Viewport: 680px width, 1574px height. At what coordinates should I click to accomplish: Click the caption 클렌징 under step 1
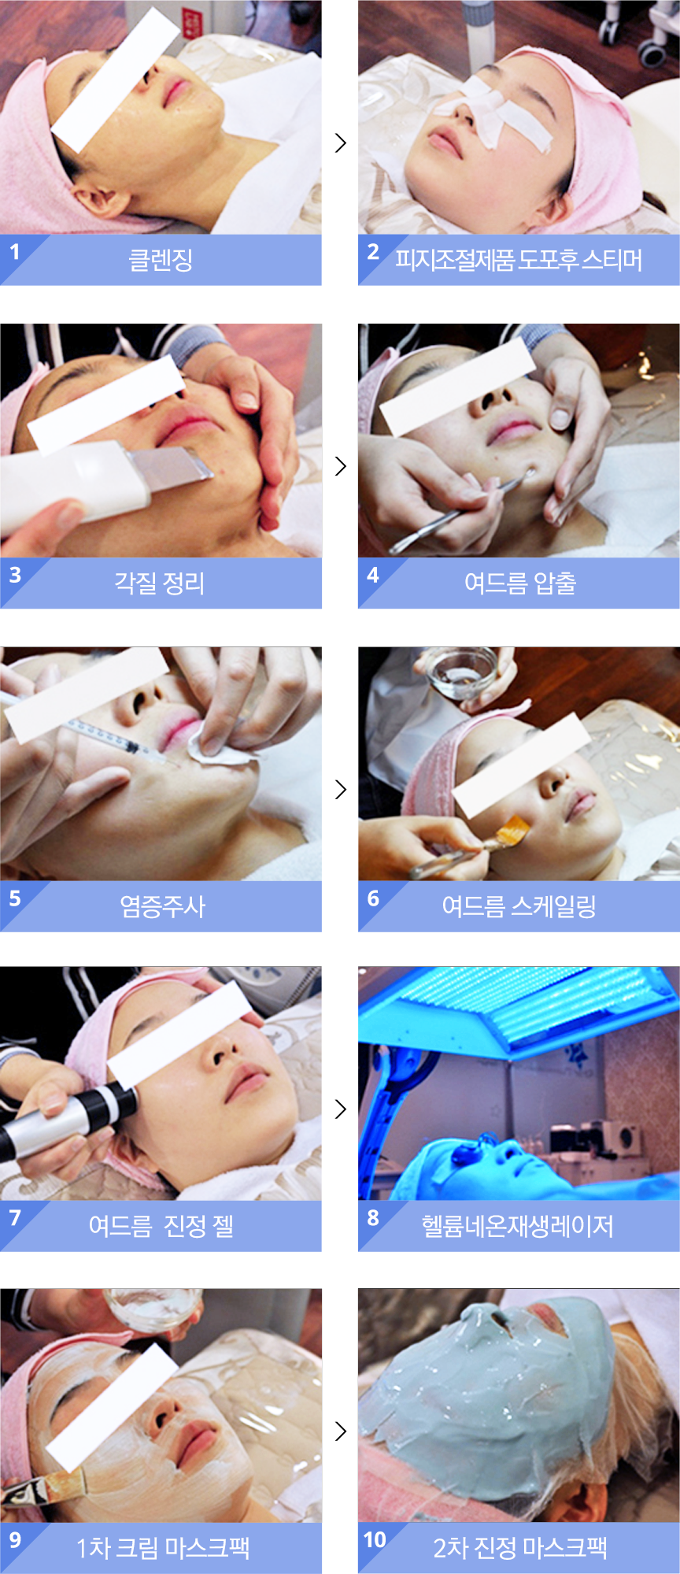161,260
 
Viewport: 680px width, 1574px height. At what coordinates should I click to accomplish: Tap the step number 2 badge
373,252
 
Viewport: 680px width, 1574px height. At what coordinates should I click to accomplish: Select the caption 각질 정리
160,583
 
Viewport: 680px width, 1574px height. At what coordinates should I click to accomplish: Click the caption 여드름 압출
520,583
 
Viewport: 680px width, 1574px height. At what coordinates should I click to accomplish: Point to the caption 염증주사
162,906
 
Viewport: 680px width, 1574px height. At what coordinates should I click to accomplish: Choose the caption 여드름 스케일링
519,906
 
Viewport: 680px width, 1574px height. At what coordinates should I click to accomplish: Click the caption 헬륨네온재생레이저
517,1226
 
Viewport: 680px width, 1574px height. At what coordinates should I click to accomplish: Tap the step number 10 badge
375,1539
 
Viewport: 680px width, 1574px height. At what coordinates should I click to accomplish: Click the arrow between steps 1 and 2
340,143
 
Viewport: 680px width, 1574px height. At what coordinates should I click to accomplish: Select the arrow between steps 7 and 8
340,1109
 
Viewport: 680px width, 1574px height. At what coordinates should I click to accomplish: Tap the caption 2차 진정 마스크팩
520,1548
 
